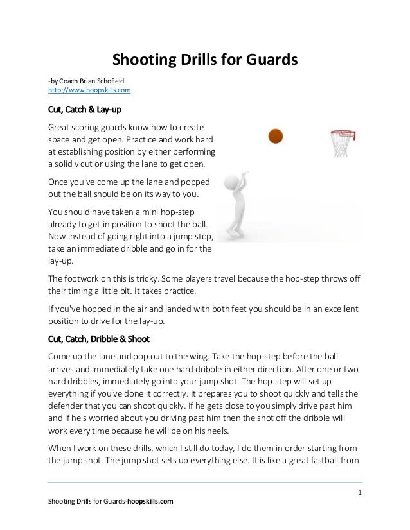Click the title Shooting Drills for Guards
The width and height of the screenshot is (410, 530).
pos(205,60)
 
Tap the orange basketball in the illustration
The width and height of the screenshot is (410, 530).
pos(275,135)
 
